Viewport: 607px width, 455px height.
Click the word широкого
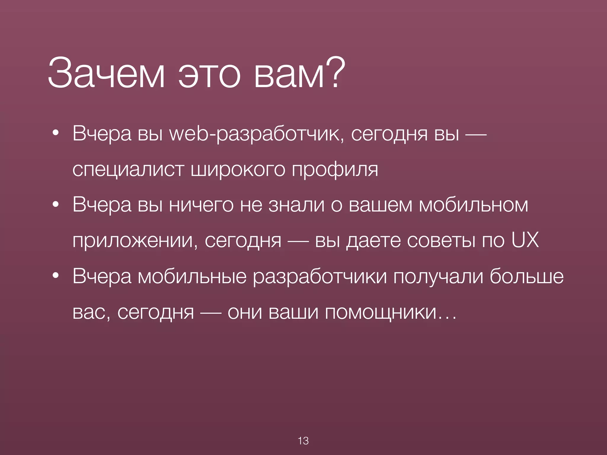238,170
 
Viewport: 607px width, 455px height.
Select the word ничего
201,205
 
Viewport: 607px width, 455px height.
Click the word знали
296,205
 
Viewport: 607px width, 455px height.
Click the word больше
526,276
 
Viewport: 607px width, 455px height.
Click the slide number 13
303,441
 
